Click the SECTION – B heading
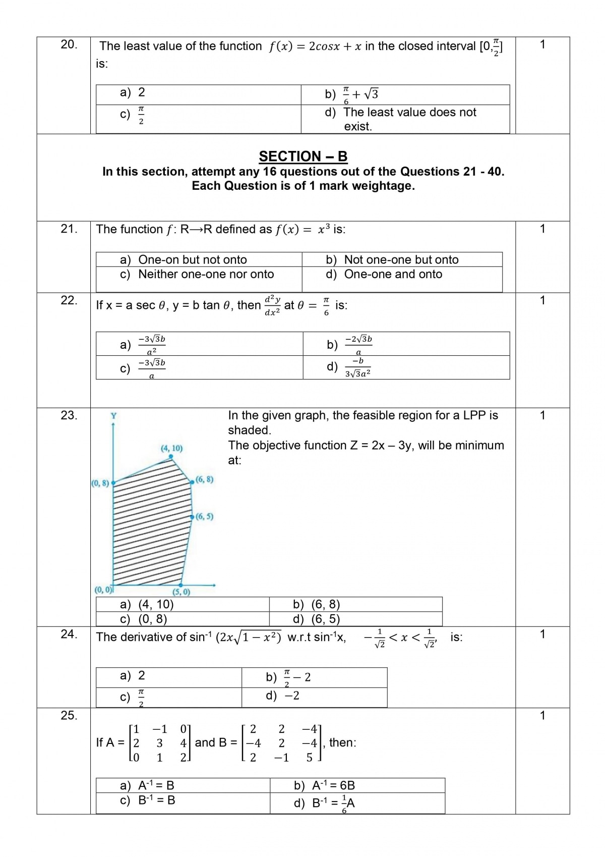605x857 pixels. click(x=303, y=156)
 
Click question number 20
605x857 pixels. click(x=69, y=44)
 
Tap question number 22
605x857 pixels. click(x=69, y=300)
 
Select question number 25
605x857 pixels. click(x=69, y=715)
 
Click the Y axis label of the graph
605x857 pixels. click(x=113, y=416)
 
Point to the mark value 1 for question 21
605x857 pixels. click(x=542, y=229)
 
